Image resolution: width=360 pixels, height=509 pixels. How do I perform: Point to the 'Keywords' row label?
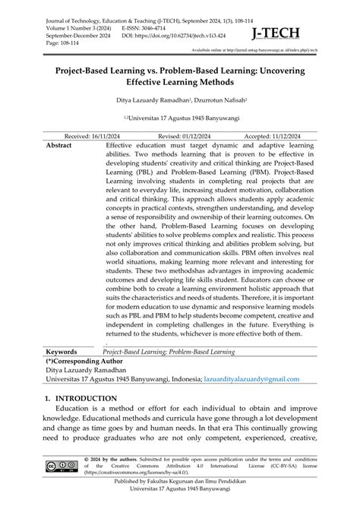click(68, 353)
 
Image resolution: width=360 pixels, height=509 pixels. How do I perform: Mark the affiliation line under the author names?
click(181, 119)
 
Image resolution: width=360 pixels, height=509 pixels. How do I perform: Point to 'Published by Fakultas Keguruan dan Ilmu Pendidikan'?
click(181, 495)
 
